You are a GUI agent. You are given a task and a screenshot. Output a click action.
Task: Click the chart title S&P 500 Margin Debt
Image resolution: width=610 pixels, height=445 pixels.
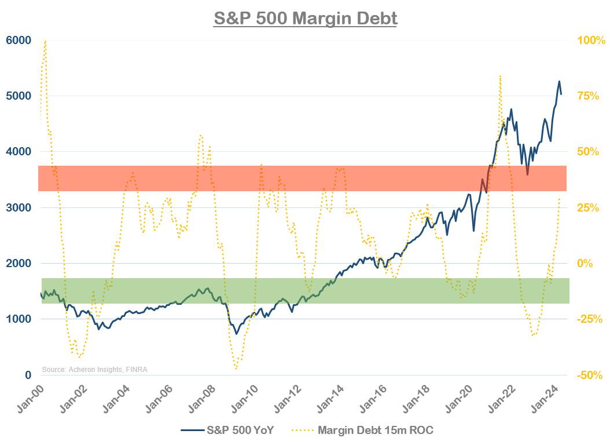point(306,18)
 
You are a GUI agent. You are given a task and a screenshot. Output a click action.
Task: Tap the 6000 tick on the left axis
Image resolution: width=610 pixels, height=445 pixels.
point(19,40)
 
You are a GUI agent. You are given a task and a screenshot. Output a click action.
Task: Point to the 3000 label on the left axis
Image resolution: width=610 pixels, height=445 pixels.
point(19,207)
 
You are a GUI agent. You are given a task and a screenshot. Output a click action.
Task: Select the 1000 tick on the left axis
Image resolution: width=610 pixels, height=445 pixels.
point(19,319)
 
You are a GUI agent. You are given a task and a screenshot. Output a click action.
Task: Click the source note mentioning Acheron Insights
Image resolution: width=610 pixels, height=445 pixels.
point(94,369)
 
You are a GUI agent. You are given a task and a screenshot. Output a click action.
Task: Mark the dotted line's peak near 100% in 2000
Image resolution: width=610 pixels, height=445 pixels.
point(45,41)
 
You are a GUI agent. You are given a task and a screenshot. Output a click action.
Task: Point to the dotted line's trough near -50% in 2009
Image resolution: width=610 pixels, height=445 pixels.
point(236,368)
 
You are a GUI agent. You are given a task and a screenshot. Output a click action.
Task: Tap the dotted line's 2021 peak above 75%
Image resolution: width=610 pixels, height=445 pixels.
point(499,76)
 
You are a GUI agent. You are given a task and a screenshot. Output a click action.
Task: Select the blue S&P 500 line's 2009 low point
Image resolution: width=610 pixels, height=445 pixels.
point(236,334)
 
